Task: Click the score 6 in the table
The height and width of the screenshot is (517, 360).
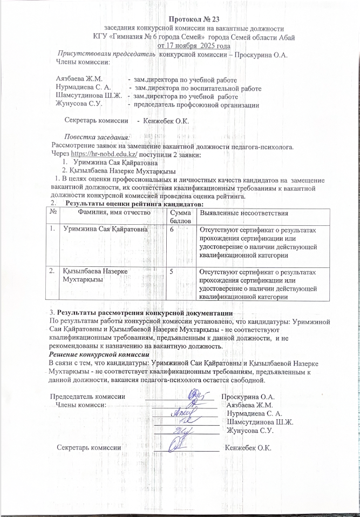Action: point(172,230)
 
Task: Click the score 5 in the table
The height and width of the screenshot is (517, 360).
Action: point(172,272)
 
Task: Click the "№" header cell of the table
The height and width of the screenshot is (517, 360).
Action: point(53,214)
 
